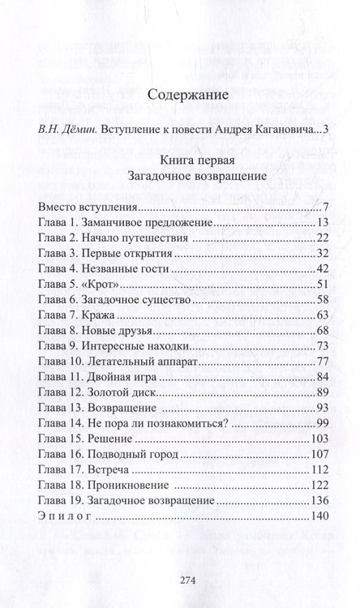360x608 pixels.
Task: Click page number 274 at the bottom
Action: [x=179, y=579]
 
